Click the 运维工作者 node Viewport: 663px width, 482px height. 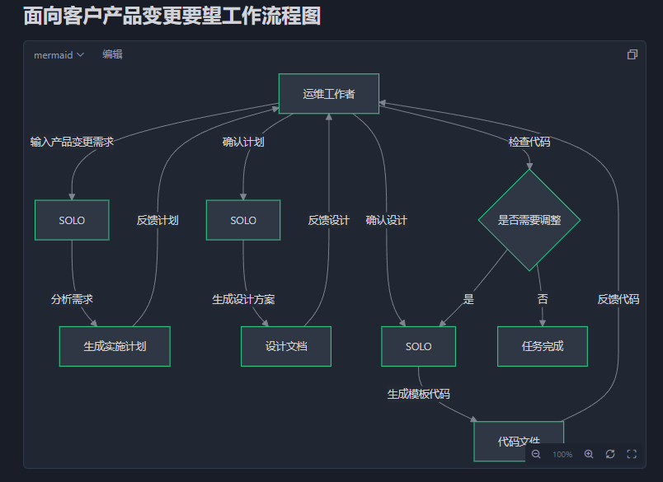(328, 94)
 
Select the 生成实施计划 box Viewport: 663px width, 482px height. (115, 346)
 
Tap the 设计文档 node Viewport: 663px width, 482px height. (285, 346)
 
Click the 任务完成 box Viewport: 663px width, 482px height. (542, 346)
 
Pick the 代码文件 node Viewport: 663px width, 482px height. (518, 440)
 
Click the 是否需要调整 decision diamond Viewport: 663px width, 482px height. (529, 220)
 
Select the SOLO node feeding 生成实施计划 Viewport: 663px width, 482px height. (72, 220)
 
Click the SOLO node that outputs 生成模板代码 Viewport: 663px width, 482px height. (418, 346)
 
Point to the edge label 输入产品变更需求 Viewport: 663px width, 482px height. (72, 142)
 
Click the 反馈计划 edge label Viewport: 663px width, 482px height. (158, 220)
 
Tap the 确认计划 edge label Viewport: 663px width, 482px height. (243, 142)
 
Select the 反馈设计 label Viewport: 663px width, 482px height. (329, 220)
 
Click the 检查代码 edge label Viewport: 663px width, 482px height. (529, 142)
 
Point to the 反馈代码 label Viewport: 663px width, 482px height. (618, 299)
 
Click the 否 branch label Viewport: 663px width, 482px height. (542, 299)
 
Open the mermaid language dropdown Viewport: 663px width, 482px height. (59, 55)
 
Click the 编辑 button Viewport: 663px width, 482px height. (112, 54)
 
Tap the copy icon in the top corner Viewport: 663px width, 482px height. (632, 54)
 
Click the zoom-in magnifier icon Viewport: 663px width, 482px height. (589, 454)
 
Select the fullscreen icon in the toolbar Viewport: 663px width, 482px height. (632, 454)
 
